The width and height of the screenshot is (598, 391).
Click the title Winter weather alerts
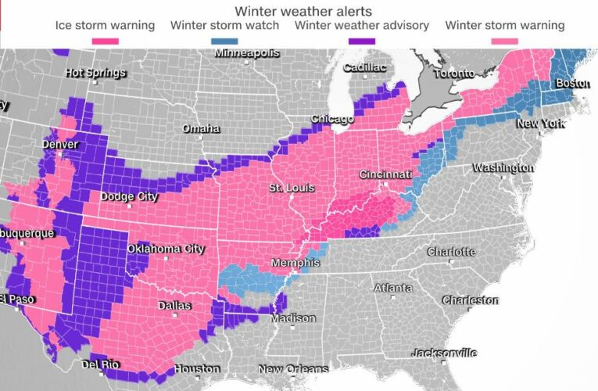[x=299, y=10]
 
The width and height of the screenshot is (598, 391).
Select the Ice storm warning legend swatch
[x=105, y=40]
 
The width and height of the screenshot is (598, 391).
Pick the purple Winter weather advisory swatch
[x=361, y=40]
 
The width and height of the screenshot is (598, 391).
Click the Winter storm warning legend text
[x=504, y=26]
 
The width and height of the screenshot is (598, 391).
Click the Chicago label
[x=331, y=119]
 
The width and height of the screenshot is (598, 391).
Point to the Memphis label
[x=292, y=263]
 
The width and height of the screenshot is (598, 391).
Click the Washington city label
[x=503, y=167]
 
